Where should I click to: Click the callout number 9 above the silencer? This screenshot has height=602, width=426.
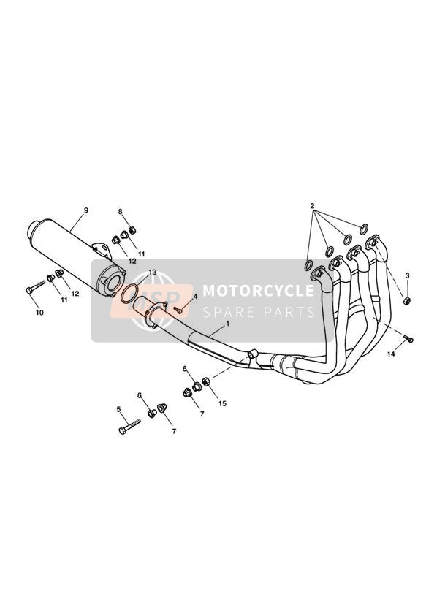[x=85, y=210]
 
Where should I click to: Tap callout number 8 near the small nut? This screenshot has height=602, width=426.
[x=121, y=212]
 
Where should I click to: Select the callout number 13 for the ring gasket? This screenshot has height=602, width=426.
[x=153, y=272]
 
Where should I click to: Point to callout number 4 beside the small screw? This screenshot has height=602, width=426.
[x=195, y=297]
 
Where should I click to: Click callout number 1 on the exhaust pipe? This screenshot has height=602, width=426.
[x=227, y=324]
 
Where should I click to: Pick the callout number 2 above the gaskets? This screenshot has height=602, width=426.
[x=312, y=205]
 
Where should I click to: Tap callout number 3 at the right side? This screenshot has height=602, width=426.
[x=408, y=275]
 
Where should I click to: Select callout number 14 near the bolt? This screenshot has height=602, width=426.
[x=391, y=354]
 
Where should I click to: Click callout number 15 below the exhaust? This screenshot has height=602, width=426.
[x=222, y=403]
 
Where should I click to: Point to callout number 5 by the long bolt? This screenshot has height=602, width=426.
[x=118, y=409]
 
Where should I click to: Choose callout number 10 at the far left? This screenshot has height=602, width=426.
[x=39, y=313]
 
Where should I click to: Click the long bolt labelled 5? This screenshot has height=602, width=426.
[x=129, y=426]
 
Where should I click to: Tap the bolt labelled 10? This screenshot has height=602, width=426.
[x=36, y=287]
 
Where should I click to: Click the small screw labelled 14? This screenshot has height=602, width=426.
[x=408, y=338]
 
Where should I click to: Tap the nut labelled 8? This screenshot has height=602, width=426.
[x=132, y=230]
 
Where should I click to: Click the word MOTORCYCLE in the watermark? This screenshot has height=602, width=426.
[x=258, y=290]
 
